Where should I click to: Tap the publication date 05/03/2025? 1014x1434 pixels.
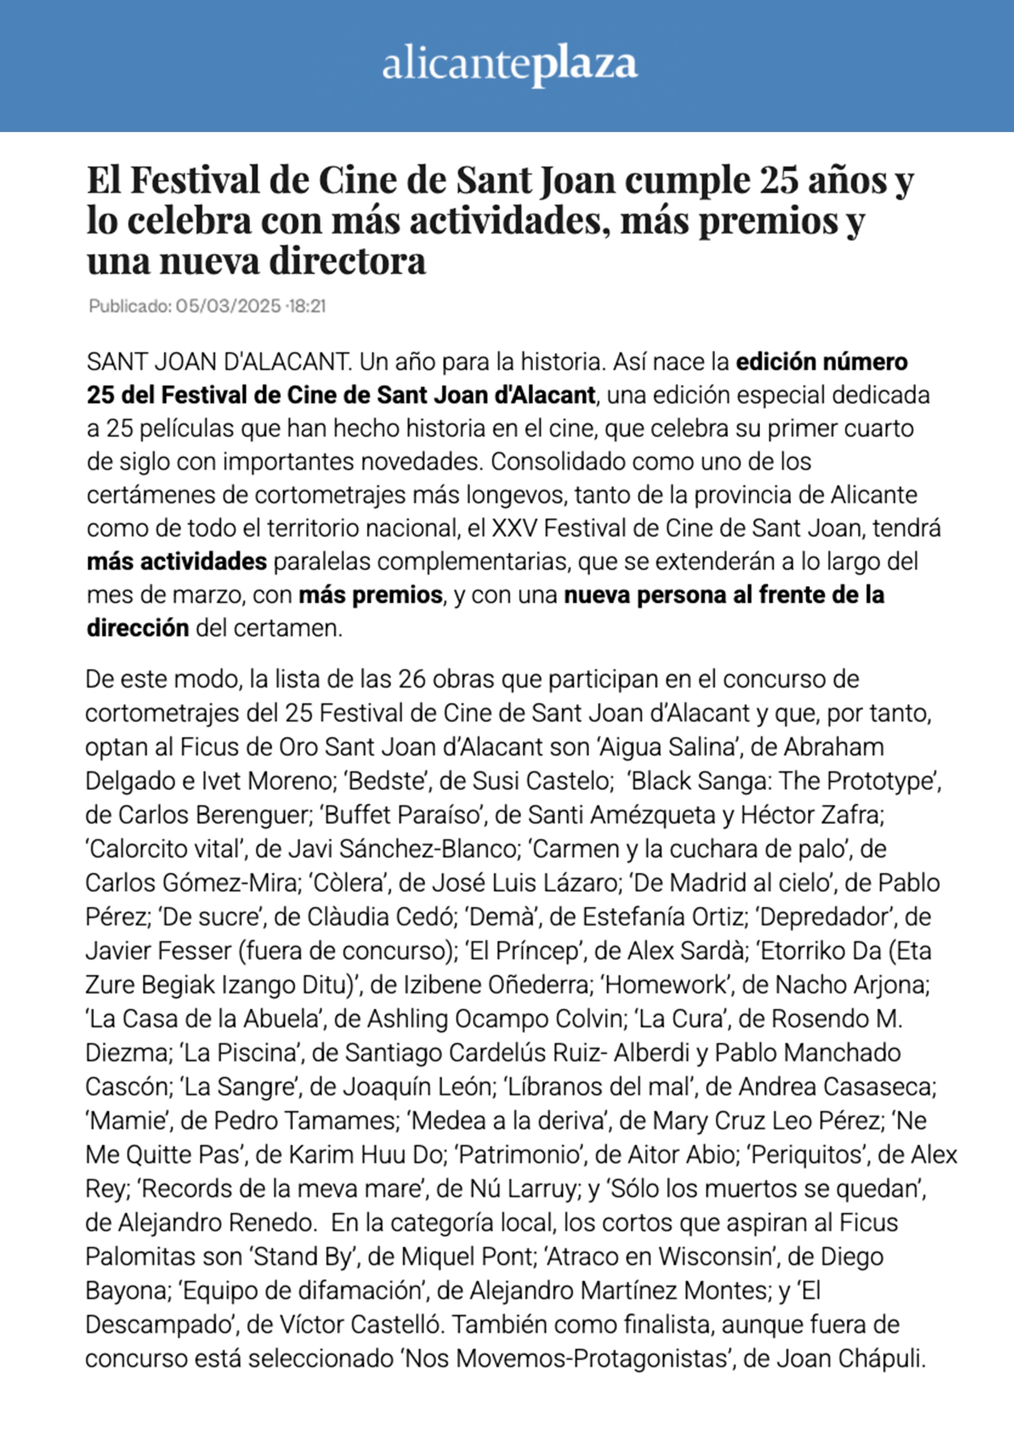(x=228, y=306)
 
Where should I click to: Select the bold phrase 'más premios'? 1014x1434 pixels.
(x=370, y=595)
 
